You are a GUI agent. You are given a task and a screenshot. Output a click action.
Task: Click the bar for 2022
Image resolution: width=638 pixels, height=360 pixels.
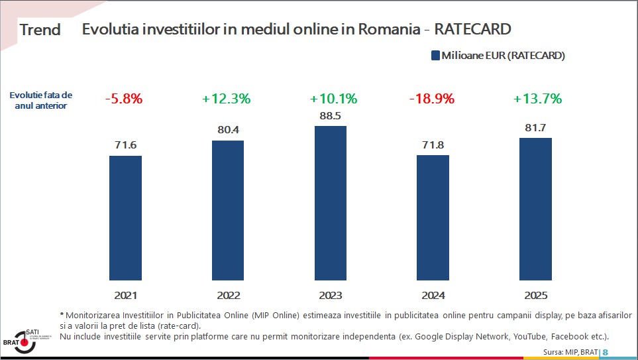227,210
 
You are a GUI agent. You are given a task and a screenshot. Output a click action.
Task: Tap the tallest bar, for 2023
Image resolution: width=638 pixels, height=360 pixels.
330,203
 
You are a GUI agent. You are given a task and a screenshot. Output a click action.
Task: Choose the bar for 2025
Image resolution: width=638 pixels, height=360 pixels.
535,209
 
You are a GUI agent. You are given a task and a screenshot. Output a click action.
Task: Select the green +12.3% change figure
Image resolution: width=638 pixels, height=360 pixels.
227,99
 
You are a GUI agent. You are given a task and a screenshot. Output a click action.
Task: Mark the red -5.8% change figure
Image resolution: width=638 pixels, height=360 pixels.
124,99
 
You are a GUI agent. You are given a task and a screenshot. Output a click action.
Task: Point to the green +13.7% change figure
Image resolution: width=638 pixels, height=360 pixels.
537,99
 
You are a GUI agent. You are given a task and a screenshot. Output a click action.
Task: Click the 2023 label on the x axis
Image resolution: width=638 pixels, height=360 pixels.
330,296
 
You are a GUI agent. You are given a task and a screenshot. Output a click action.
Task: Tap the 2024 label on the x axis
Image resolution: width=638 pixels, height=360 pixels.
433,296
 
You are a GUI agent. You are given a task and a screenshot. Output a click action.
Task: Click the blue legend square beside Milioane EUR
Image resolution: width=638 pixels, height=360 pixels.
435,56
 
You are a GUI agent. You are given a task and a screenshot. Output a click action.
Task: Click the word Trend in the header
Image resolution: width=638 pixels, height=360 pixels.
40,30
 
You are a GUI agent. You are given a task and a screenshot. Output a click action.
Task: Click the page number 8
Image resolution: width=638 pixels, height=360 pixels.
605,352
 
